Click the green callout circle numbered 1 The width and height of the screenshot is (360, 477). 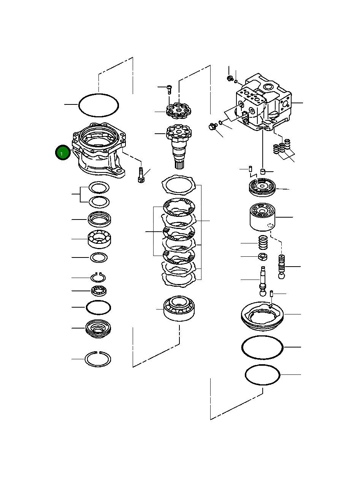(62, 153)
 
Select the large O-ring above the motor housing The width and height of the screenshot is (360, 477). (98, 105)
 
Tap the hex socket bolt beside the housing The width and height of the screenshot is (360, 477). (141, 175)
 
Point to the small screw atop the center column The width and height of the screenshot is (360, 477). (170, 89)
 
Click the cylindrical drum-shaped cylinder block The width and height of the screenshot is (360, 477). (262, 216)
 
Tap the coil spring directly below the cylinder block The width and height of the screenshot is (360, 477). (263, 243)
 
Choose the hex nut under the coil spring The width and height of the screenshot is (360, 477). (263, 257)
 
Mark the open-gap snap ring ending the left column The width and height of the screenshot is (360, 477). (98, 359)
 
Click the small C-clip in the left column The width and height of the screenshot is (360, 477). (98, 278)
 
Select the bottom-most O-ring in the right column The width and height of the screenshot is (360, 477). (262, 375)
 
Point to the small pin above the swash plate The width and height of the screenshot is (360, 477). (272, 293)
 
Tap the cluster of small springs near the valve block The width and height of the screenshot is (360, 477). (282, 149)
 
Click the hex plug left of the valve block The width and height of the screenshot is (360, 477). (212, 127)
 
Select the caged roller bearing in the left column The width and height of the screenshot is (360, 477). (99, 238)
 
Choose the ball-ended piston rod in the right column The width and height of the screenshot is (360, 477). (262, 281)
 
